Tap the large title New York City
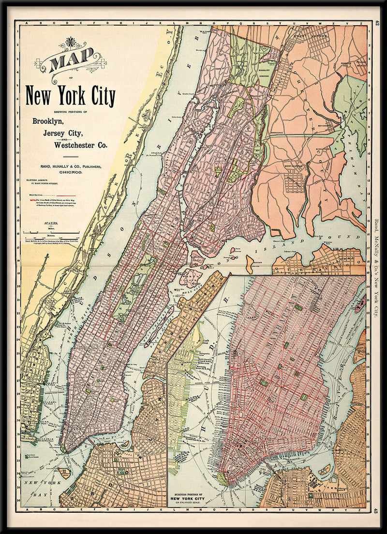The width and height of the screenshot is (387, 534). tap(70, 96)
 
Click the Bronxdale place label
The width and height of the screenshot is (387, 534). tap(278, 132)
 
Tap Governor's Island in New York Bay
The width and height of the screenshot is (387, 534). tap(63, 473)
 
